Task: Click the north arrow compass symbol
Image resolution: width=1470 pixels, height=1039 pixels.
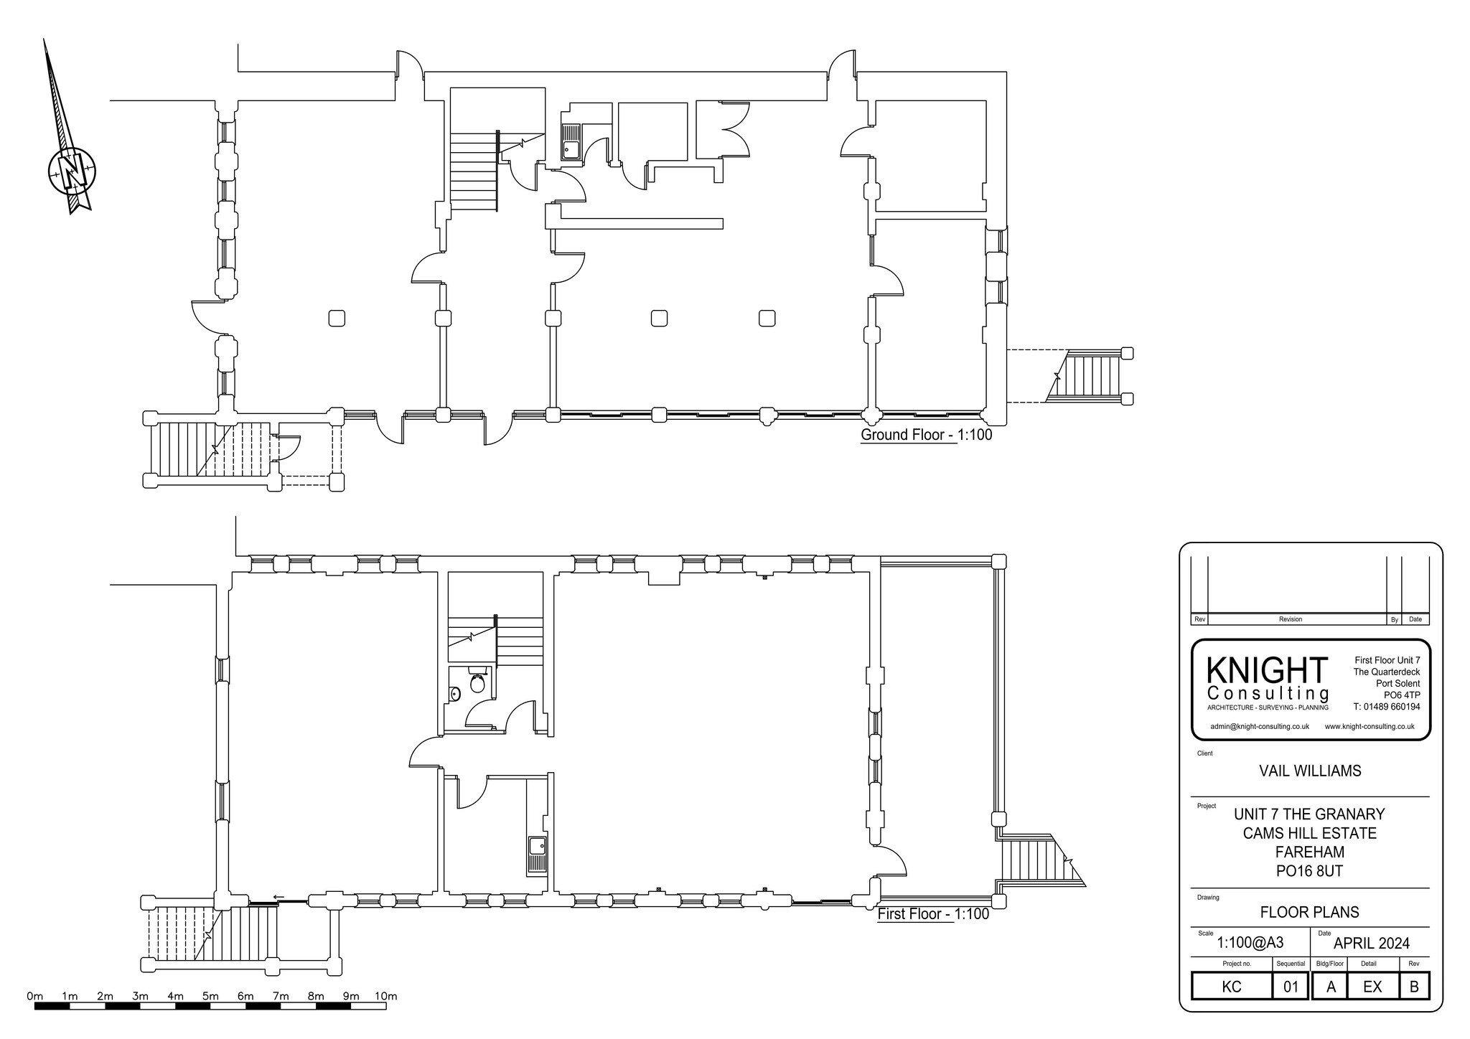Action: [72, 170]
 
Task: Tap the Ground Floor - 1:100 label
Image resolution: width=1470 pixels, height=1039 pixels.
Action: [926, 435]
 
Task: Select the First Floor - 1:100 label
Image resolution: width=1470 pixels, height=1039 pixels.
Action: [933, 914]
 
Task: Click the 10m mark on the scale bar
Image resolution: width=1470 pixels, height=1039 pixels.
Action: [385, 996]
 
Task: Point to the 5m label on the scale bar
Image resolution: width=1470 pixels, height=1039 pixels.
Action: [210, 996]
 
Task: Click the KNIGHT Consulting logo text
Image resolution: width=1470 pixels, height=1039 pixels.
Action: [1268, 678]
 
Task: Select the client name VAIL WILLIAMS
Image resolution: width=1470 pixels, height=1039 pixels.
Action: [1310, 771]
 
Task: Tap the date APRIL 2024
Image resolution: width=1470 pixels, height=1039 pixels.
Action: [1371, 943]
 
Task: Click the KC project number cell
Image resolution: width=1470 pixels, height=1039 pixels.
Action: [1232, 987]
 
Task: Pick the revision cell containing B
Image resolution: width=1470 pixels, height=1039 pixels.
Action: [1414, 987]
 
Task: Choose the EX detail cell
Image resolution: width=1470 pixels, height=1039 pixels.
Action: [1372, 987]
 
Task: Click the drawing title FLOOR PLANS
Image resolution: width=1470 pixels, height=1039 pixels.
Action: [1310, 912]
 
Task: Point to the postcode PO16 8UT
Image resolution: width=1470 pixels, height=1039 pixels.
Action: [1310, 871]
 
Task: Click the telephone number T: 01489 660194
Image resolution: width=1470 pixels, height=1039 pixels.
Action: [1387, 707]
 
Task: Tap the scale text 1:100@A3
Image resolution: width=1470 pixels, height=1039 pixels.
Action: [1250, 944]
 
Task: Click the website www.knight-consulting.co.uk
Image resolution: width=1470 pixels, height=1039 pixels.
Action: [1370, 726]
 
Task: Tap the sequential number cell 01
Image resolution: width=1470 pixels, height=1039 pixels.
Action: [1291, 987]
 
